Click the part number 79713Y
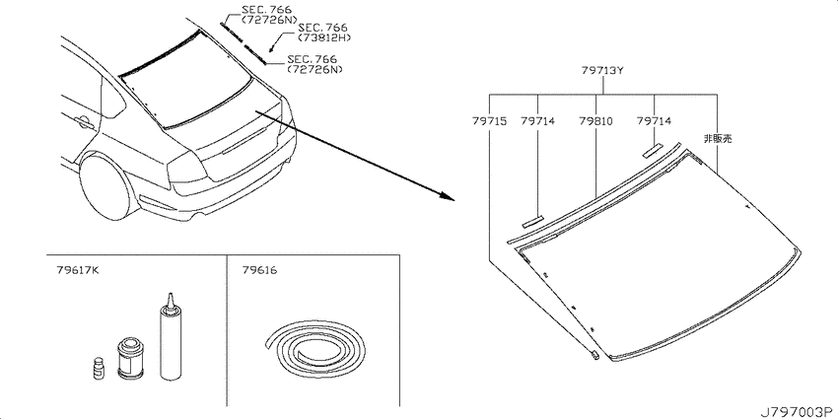[602, 70]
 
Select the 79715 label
[489, 121]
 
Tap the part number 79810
[594, 121]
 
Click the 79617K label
[78, 270]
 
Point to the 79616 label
[259, 270]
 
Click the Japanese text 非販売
[718, 139]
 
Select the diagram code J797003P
[799, 411]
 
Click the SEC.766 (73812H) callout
[320, 33]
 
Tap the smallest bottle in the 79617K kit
[98, 370]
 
